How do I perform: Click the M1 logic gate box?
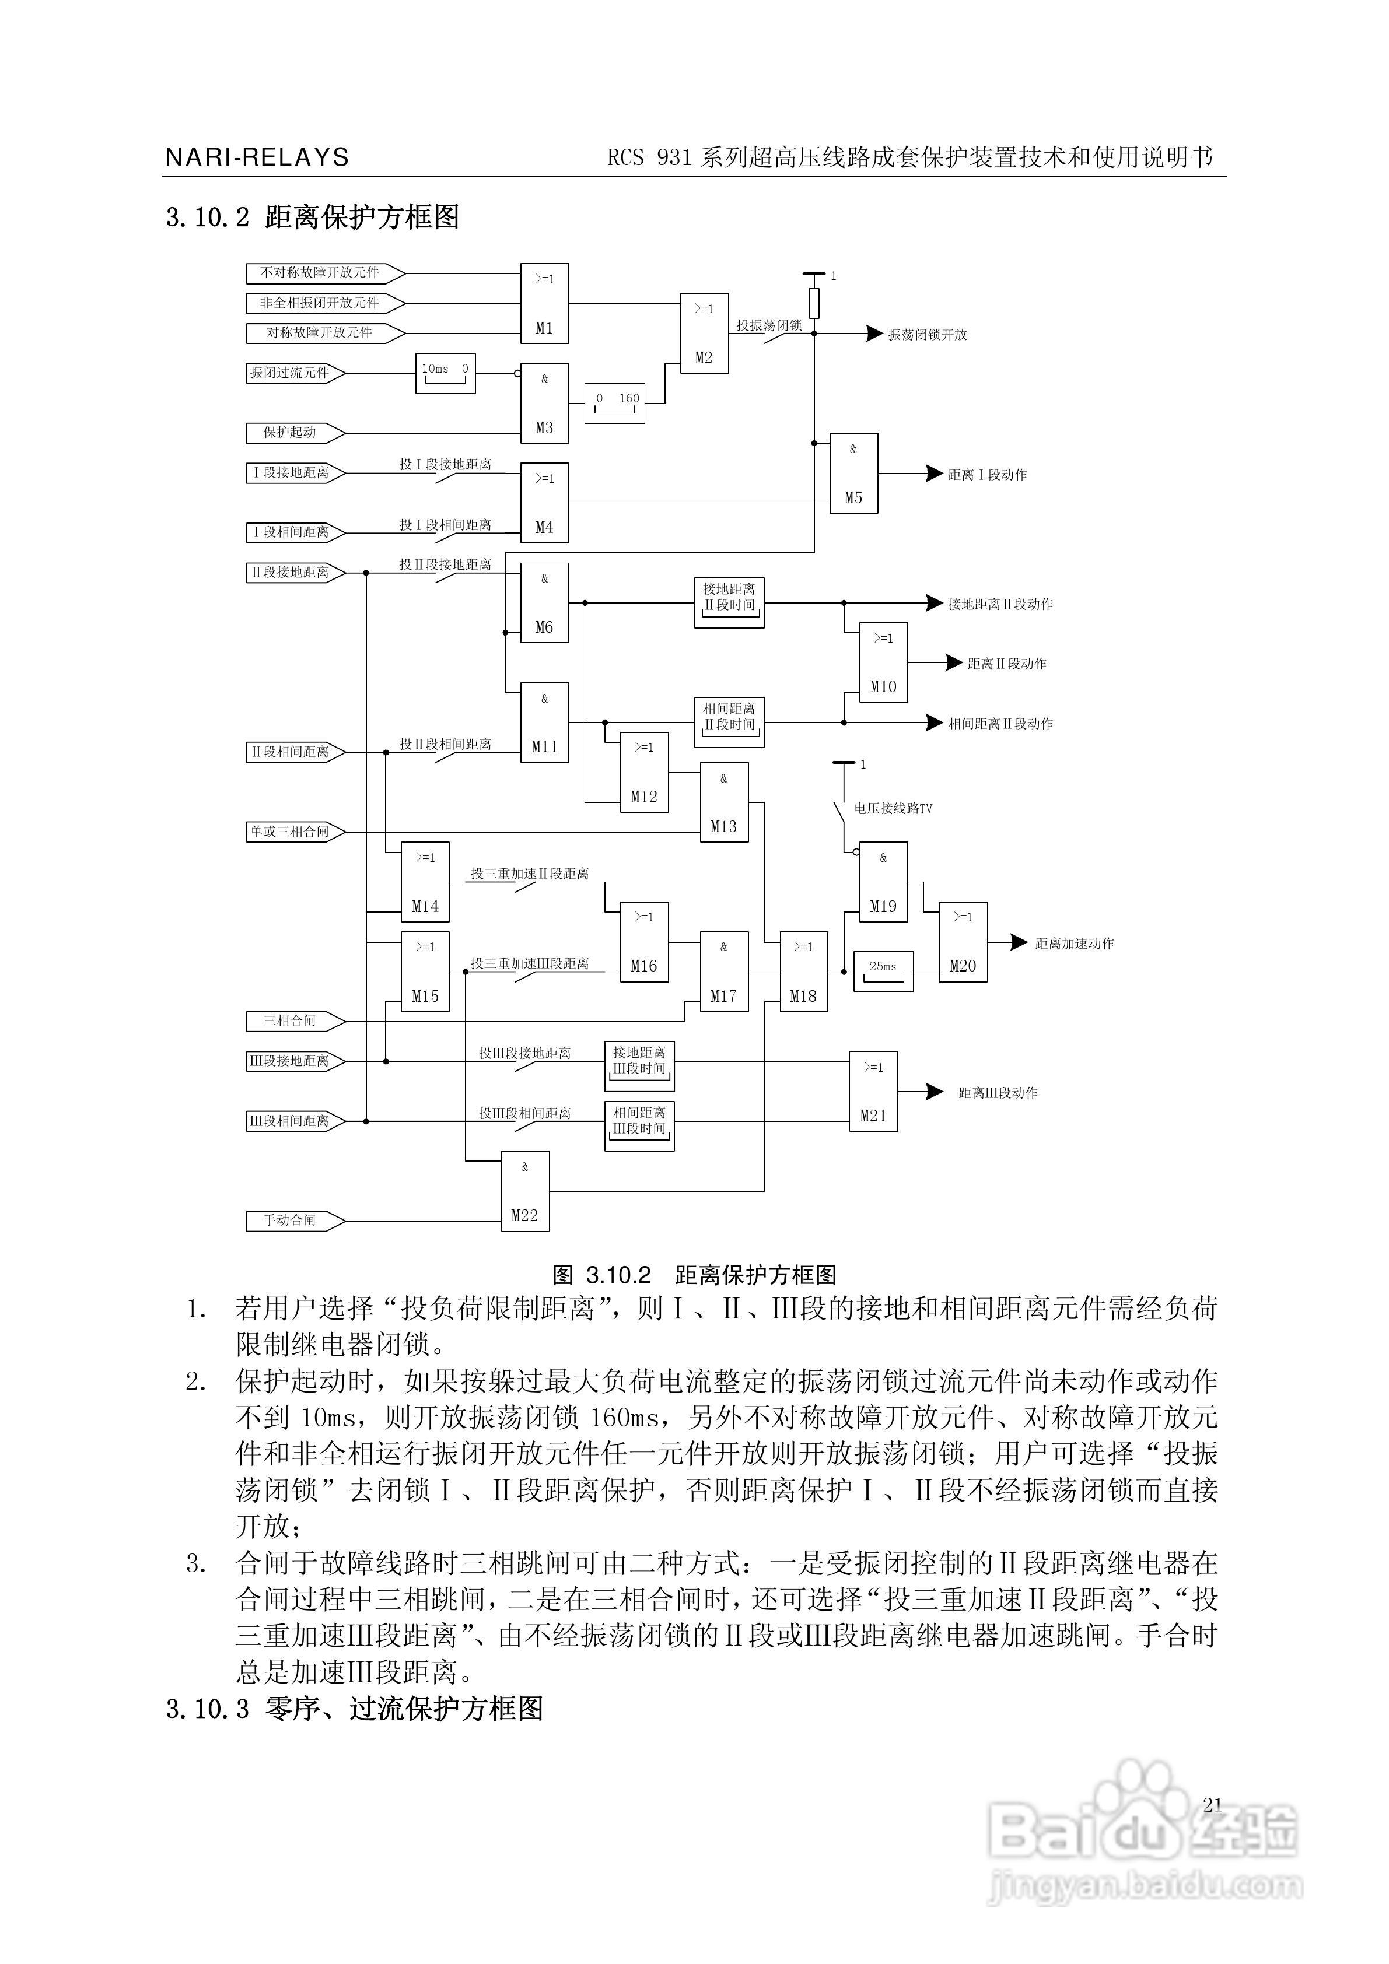click(x=544, y=304)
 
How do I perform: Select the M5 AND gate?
click(x=853, y=473)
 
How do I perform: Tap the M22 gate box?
click(x=524, y=1191)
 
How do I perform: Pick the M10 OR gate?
click(x=883, y=663)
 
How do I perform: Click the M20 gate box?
click(x=963, y=942)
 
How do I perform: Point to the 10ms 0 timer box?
click(x=445, y=373)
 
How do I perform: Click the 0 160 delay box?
click(x=614, y=402)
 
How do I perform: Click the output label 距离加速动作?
click(x=1074, y=944)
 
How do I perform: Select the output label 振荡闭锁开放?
click(x=927, y=335)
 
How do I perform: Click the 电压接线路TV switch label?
click(x=893, y=808)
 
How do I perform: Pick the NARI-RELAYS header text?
click(x=257, y=157)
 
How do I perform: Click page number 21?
click(x=1212, y=1805)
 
